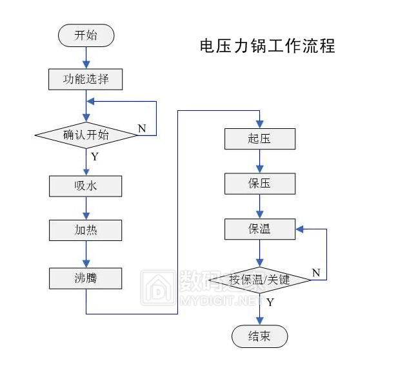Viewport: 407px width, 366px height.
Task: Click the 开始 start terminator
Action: (x=86, y=35)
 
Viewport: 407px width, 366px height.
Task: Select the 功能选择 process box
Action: (x=86, y=80)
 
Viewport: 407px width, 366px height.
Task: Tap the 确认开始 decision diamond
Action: (x=86, y=135)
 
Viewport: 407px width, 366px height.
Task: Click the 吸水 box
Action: (x=86, y=186)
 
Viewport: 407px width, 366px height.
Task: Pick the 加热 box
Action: (x=86, y=230)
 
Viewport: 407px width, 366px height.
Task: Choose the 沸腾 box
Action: (x=86, y=278)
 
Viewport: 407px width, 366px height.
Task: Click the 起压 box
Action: (x=259, y=139)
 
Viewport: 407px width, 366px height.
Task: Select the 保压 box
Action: (x=259, y=184)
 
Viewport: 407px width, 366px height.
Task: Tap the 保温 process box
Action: (x=259, y=229)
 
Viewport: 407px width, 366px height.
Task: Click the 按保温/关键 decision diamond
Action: (x=259, y=280)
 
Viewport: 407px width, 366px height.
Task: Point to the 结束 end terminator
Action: (x=259, y=336)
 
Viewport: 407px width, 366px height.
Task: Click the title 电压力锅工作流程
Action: (x=267, y=47)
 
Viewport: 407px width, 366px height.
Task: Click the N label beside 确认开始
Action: (x=142, y=128)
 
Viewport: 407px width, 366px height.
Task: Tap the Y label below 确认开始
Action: (x=94, y=156)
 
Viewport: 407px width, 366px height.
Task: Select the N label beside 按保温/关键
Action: (x=316, y=273)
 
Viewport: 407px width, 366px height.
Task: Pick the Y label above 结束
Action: (x=270, y=302)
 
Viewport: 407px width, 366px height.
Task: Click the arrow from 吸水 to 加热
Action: (x=86, y=208)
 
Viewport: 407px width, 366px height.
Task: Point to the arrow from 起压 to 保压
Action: (x=259, y=161)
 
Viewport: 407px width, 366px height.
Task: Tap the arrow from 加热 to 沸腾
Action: (x=86, y=255)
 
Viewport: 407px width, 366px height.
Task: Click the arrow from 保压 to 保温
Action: (x=259, y=206)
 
